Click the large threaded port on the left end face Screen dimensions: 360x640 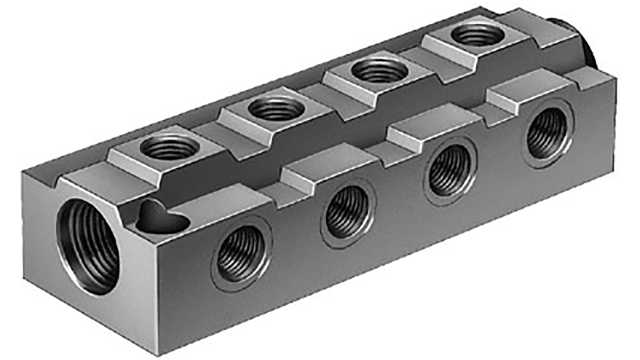[88, 243]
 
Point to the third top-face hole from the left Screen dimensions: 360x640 [380, 71]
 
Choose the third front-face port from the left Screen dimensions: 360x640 [448, 173]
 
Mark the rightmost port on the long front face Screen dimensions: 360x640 [546, 132]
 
